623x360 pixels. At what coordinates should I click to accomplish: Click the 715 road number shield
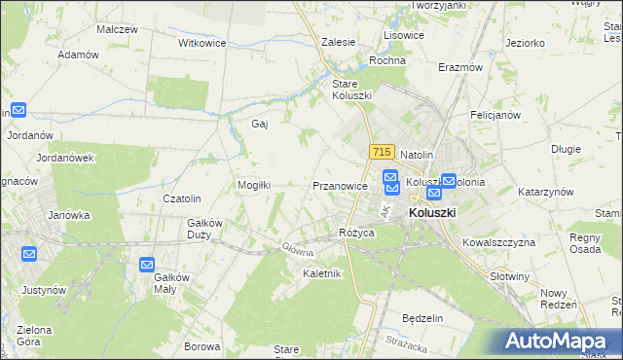381,152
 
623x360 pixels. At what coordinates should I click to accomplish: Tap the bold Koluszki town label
432,211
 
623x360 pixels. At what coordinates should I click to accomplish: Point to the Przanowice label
340,185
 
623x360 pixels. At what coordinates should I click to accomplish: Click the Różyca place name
357,233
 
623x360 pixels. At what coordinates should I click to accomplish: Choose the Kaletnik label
321,273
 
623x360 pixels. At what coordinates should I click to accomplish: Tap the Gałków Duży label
205,229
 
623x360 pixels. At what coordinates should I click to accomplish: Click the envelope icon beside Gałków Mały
146,265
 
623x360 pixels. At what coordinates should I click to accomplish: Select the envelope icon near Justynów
28,255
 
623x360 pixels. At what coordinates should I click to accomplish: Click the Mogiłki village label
254,185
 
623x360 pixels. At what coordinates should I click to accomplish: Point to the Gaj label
259,125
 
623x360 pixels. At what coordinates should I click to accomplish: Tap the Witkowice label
202,44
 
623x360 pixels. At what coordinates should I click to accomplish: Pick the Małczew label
116,29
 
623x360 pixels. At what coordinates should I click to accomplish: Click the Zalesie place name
338,43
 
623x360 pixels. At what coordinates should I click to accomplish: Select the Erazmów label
460,68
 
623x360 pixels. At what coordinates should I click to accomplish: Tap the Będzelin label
422,318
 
